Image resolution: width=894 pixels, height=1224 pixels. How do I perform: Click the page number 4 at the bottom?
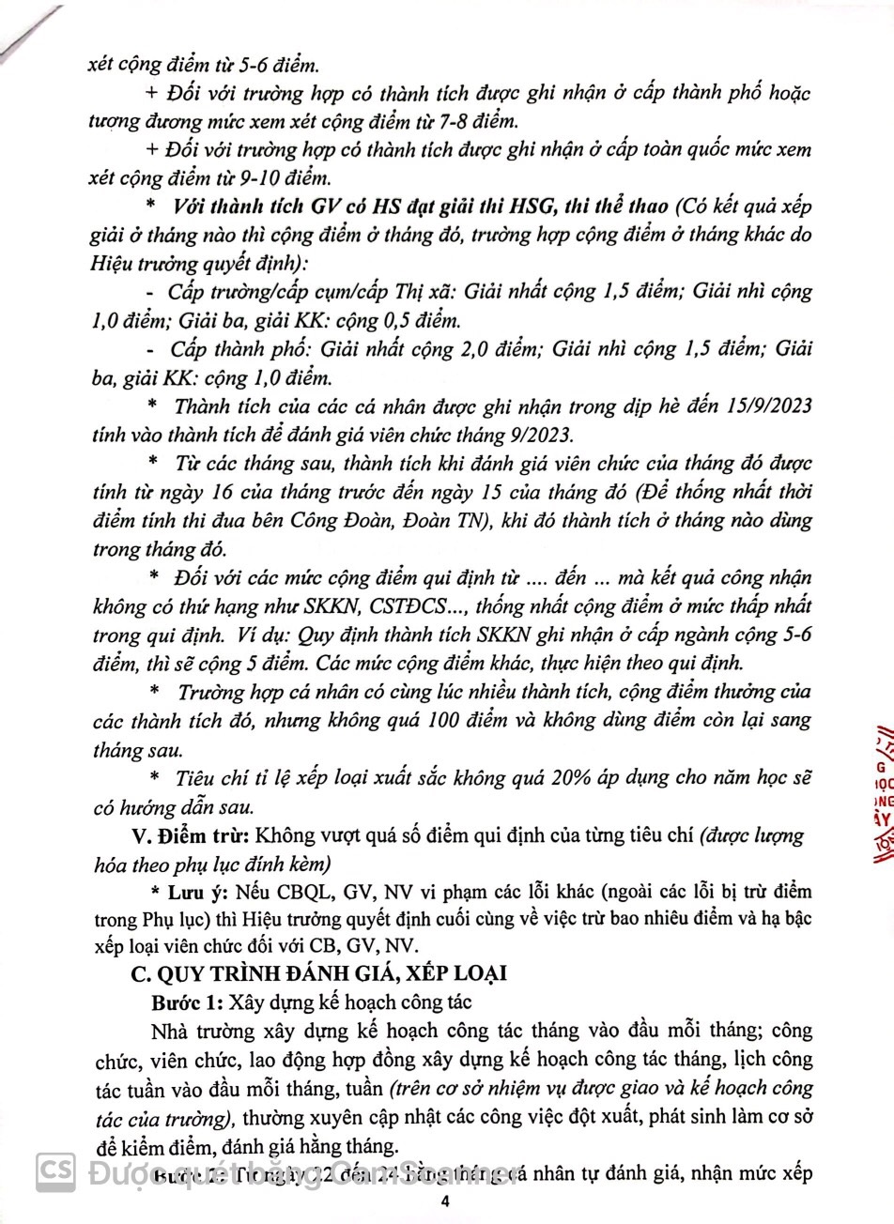(x=447, y=1202)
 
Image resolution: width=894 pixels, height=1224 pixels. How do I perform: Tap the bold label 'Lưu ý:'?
(x=193, y=892)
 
